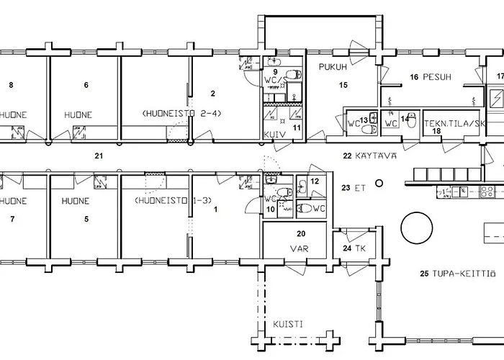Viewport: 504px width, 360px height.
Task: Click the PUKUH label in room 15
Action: pyautogui.click(x=333, y=67)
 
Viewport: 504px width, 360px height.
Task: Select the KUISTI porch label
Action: pyautogui.click(x=288, y=324)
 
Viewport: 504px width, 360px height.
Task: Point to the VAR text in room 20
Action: pyautogui.click(x=300, y=248)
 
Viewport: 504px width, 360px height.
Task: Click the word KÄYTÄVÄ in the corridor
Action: pyautogui.click(x=376, y=156)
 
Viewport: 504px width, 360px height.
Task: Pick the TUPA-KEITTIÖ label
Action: pyautogui.click(x=464, y=274)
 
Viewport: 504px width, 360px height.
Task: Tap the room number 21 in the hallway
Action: pyautogui.click(x=99, y=156)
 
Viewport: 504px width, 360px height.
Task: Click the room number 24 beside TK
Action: pyautogui.click(x=347, y=248)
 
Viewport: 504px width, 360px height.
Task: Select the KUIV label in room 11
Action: pyautogui.click(x=274, y=135)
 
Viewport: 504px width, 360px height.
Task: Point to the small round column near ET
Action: pyautogui.click(x=379, y=183)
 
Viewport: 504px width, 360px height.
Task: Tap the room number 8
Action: pyautogui.click(x=12, y=85)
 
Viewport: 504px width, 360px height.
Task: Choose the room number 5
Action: pyautogui.click(x=86, y=219)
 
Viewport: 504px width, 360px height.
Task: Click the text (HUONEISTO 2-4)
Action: pyautogui.click(x=181, y=114)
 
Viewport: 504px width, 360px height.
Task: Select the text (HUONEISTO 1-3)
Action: pyautogui.click(x=174, y=201)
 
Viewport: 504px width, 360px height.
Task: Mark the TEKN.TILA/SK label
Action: pyautogui.click(x=454, y=124)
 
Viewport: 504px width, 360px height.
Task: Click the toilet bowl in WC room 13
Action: pyautogui.click(x=369, y=130)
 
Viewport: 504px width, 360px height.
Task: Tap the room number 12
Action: pyautogui.click(x=315, y=181)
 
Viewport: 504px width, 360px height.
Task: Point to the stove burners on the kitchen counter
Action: pyautogui.click(x=487, y=192)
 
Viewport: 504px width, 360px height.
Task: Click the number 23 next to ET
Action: pyautogui.click(x=346, y=188)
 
